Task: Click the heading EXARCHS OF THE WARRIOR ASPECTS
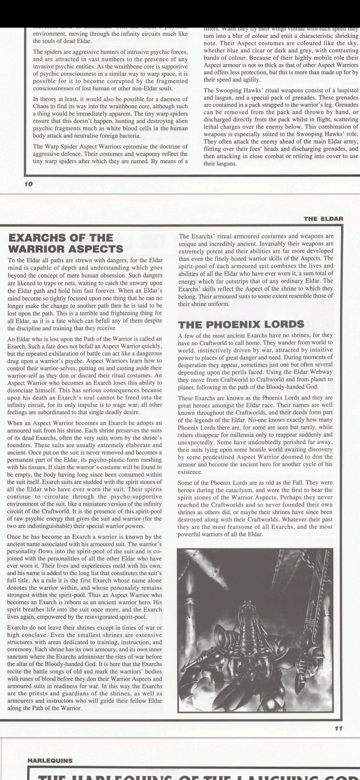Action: [x=65, y=243]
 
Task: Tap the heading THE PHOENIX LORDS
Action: [x=241, y=324]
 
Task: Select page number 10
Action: [x=28, y=184]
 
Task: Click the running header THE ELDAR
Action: [x=323, y=219]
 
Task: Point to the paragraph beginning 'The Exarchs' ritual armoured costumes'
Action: [x=256, y=270]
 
